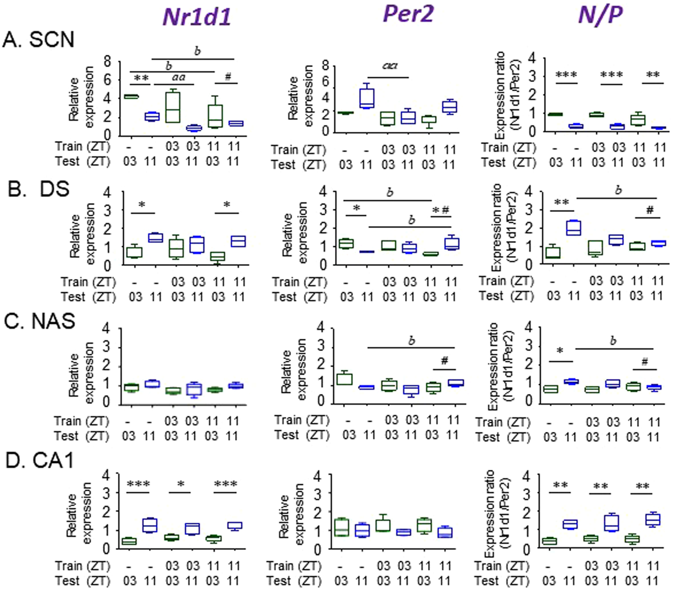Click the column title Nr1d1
197,17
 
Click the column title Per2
408,15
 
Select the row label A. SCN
38,40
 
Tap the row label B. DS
38,189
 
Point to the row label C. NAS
40,321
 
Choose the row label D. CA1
40,460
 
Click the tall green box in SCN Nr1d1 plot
173,107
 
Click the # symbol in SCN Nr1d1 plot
228,77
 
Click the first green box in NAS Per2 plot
345,379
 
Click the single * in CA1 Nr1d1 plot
181,485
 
